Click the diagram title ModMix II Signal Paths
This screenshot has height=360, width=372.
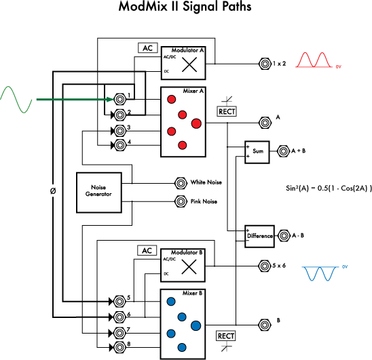coord(186,9)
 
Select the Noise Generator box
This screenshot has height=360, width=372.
coord(98,191)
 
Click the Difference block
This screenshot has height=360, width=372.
coord(259,236)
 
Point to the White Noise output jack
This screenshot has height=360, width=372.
coord(181,182)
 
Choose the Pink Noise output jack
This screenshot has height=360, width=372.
coord(181,201)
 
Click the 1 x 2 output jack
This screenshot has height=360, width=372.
coord(264,64)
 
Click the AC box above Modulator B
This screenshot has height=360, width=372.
coord(146,250)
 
